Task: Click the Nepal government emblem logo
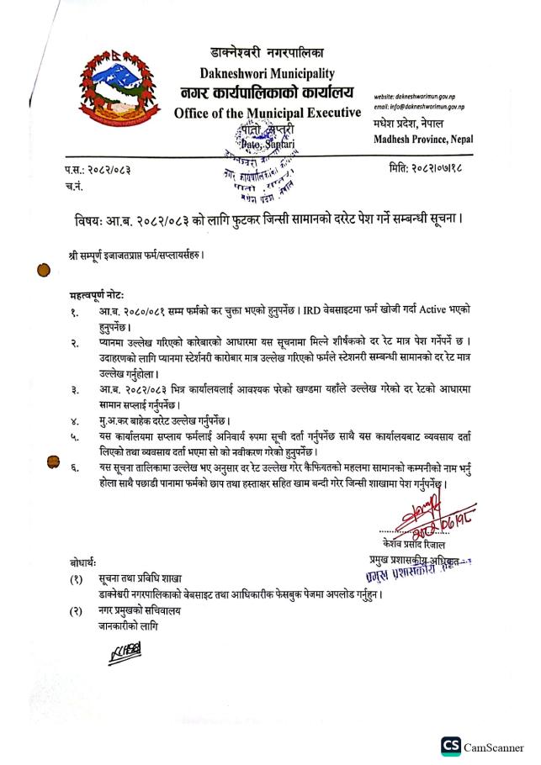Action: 118,87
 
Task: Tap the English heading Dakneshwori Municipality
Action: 268,72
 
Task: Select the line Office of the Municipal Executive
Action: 267,113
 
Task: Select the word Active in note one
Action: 435,311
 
